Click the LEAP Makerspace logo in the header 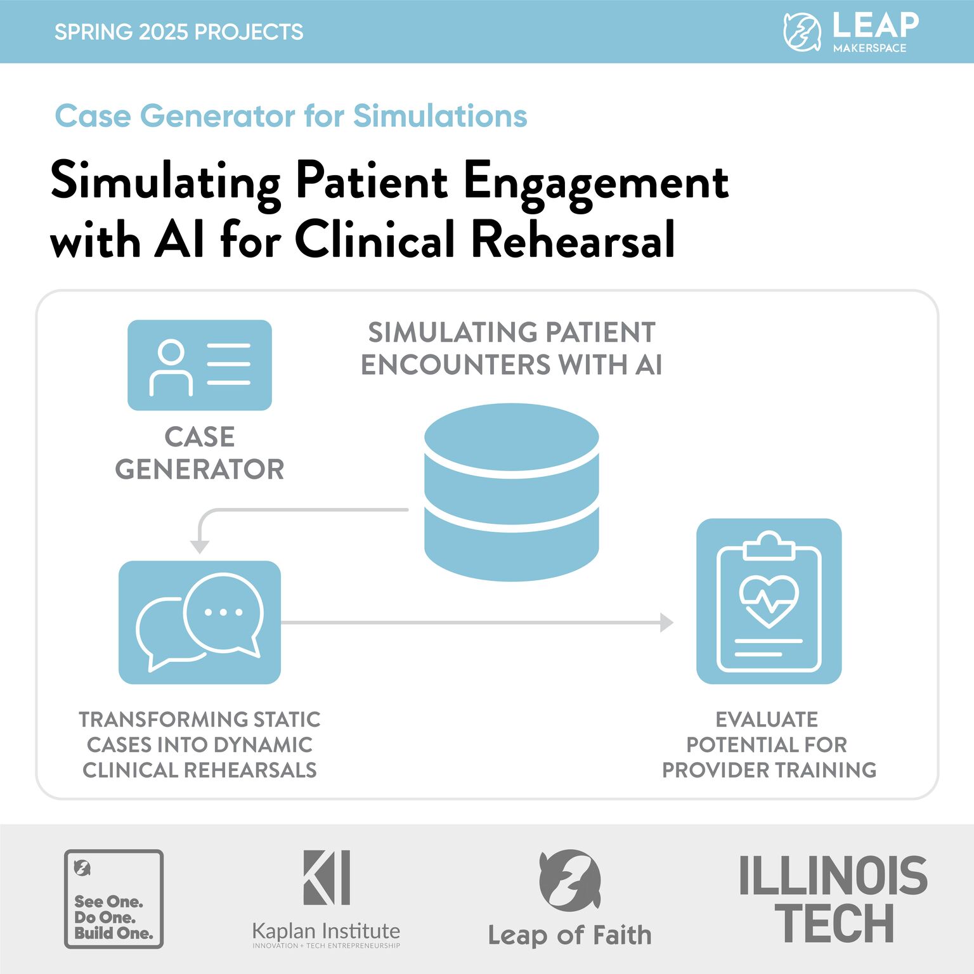coord(851,31)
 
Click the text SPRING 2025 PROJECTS coord(179,32)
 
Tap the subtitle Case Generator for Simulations coord(291,116)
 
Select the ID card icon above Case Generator coord(200,365)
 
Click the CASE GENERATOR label coord(200,453)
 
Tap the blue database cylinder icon coord(511,491)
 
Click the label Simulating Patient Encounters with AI coord(511,349)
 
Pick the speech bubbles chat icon coord(200,622)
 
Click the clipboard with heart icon coord(769,601)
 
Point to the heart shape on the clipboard coord(769,599)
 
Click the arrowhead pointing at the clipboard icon coord(666,623)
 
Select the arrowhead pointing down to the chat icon coord(200,547)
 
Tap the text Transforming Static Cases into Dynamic coord(200,732)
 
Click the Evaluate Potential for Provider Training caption coord(769,744)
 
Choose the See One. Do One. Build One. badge coord(114,899)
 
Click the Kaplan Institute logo coord(326,899)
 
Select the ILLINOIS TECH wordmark coord(833,899)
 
